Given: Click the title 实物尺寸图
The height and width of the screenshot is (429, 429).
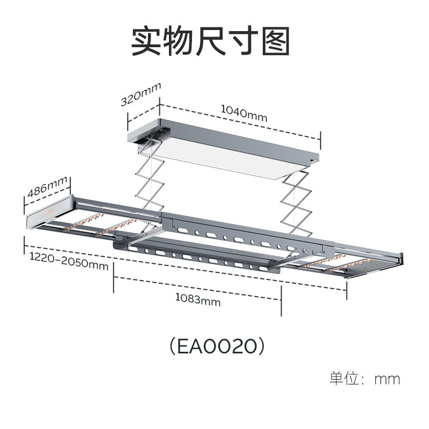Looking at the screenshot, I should click(x=210, y=42).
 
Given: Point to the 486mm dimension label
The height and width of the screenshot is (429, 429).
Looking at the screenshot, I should click(x=47, y=186).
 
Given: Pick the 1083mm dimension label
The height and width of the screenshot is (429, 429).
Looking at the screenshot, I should click(x=198, y=300).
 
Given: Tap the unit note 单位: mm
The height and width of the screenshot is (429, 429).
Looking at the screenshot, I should click(x=364, y=379).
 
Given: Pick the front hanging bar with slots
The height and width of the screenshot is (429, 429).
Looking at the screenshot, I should click(x=198, y=258).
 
